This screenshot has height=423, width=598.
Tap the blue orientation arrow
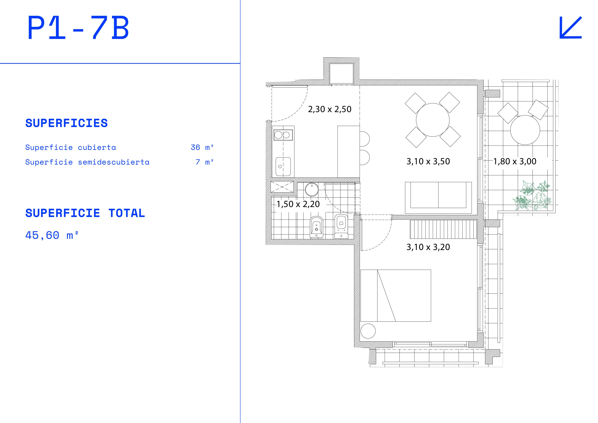click(x=571, y=28)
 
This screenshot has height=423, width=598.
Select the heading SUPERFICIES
click(x=66, y=123)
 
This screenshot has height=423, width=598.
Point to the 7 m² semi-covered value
click(x=204, y=162)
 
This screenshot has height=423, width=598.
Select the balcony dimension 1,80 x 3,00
click(x=515, y=161)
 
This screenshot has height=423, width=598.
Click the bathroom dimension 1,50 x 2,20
click(x=298, y=204)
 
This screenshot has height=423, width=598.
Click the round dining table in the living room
click(x=433, y=120)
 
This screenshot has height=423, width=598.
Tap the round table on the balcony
click(x=525, y=130)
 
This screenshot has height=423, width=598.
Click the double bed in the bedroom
click(x=396, y=296)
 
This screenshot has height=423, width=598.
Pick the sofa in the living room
click(x=438, y=198)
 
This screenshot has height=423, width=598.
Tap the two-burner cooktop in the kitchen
click(x=283, y=135)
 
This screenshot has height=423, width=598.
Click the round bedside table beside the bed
click(x=368, y=331)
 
